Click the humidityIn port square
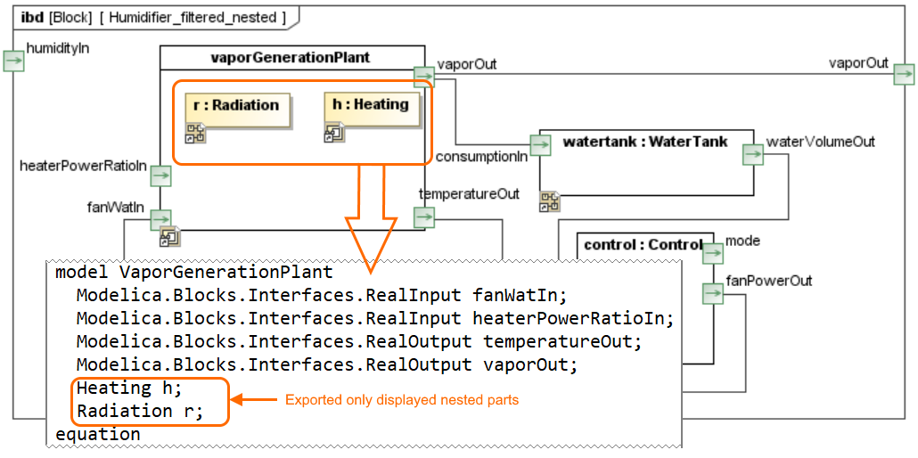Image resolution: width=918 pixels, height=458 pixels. (13, 61)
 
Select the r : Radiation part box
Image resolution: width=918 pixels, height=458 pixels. (238, 110)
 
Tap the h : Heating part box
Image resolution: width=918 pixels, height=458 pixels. (371, 110)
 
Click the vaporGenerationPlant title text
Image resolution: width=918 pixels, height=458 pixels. (291, 58)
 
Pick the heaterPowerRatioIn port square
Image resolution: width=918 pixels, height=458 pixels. (160, 176)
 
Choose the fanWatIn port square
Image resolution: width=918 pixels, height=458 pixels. (160, 218)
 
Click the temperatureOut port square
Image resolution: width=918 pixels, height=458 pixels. (424, 217)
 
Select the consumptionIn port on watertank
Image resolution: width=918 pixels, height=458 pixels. (540, 144)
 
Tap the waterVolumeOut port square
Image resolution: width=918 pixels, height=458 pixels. (754, 155)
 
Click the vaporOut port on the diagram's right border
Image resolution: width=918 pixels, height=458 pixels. (904, 75)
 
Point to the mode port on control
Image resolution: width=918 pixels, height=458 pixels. (713, 254)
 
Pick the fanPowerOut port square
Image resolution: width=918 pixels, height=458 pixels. (712, 293)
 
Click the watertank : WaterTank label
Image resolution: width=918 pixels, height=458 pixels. (645, 142)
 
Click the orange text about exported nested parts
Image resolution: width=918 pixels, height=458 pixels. (402, 400)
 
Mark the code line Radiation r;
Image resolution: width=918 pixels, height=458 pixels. (140, 411)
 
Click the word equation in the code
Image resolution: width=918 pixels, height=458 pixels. (98, 435)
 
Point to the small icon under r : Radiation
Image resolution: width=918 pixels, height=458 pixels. (195, 135)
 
